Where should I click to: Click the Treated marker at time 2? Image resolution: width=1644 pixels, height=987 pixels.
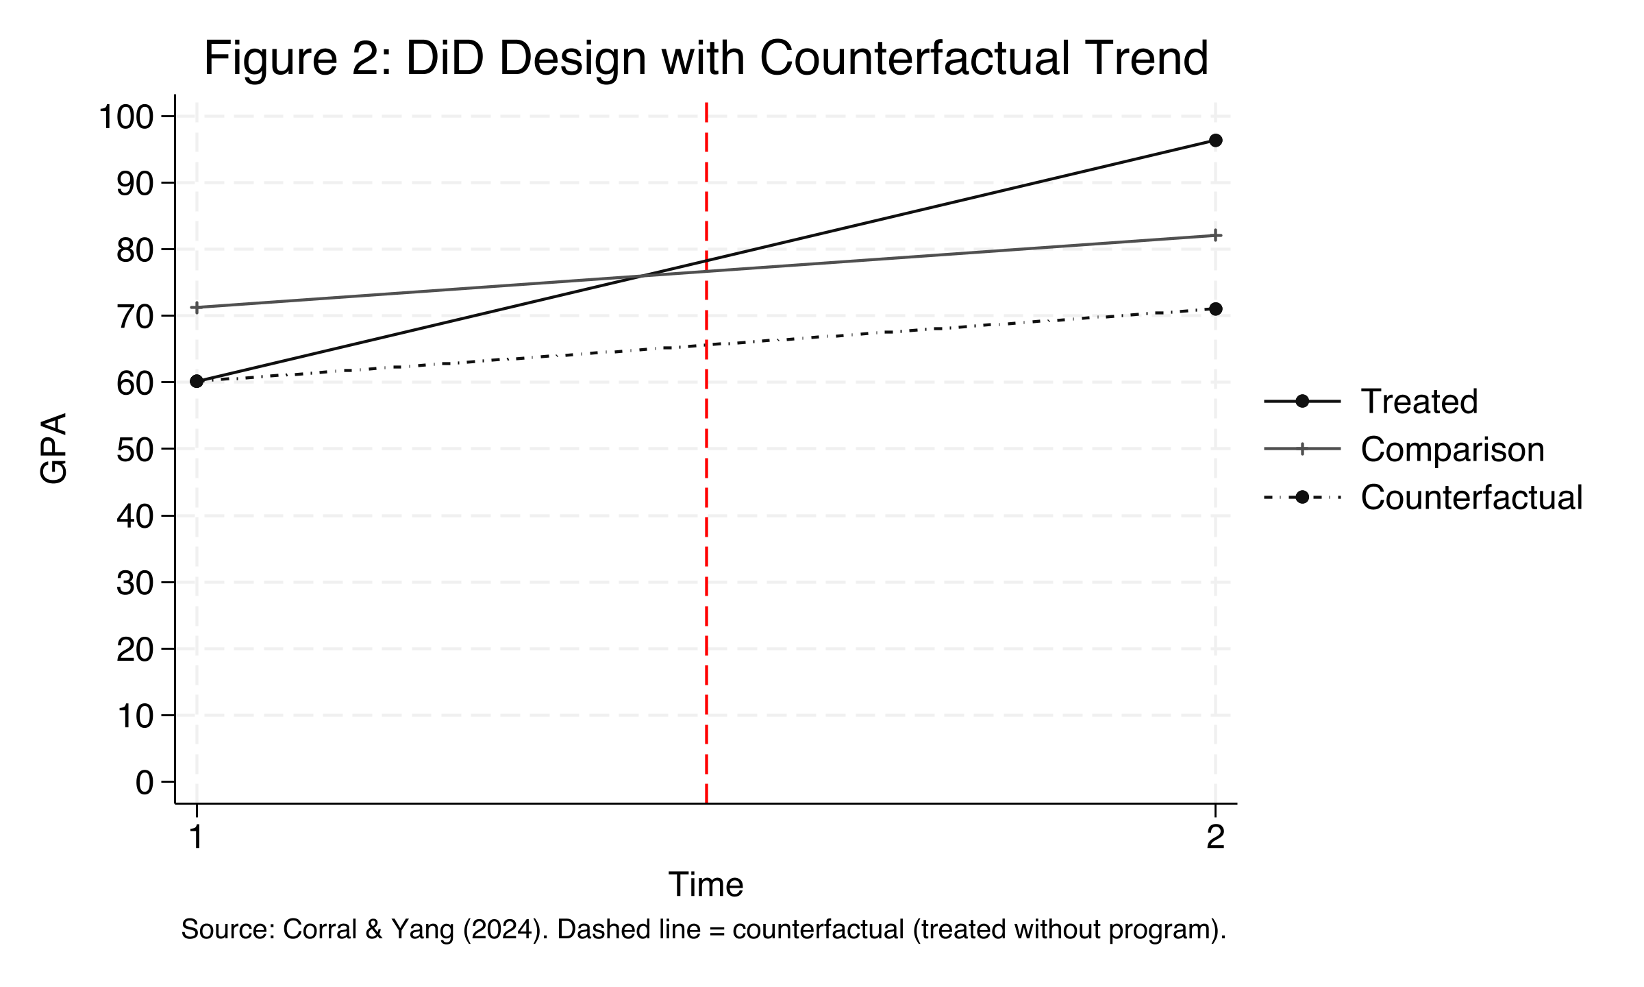click(x=1215, y=141)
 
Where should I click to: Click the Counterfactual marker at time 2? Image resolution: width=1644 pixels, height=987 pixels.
click(x=1215, y=309)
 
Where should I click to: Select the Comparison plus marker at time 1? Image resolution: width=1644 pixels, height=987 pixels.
click(x=197, y=308)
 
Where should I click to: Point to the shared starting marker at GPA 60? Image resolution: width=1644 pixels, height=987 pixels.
click(x=197, y=381)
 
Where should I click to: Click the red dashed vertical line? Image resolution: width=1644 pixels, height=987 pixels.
click(x=706, y=548)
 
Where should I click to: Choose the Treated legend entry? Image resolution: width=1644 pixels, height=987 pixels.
click(x=1419, y=402)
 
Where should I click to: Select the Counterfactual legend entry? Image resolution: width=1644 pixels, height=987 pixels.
click(x=1471, y=498)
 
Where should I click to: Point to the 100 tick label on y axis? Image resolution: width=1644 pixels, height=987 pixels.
click(x=126, y=117)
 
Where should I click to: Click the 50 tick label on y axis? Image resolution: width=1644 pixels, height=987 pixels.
click(x=135, y=450)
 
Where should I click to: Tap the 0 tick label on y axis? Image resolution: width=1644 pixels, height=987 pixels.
click(x=145, y=783)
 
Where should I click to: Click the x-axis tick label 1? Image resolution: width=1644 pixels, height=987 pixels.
click(x=197, y=838)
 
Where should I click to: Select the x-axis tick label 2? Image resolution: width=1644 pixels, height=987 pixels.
click(x=1215, y=838)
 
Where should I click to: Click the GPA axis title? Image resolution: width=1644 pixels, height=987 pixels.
click(x=53, y=449)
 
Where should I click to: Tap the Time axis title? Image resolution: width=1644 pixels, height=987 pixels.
click(x=706, y=885)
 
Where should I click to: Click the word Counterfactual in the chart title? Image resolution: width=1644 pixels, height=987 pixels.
click(x=914, y=58)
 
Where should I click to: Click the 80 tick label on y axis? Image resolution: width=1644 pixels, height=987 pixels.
click(x=135, y=251)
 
